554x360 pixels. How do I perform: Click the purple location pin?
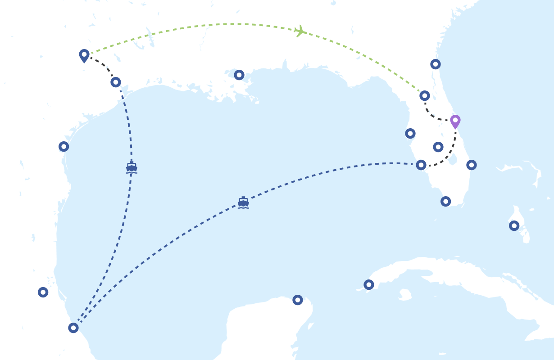455,121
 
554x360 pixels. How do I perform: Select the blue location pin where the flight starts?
84,55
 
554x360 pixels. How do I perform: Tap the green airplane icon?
300,31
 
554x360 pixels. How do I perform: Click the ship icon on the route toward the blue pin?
132,168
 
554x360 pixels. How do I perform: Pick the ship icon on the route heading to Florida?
243,202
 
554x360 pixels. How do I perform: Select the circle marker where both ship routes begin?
73,328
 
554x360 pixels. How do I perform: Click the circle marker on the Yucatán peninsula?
298,300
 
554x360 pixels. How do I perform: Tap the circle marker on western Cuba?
369,284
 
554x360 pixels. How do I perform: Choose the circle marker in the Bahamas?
514,225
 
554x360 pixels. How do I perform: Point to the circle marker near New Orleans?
239,75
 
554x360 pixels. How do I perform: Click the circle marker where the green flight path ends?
425,95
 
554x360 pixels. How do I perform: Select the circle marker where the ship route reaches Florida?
421,165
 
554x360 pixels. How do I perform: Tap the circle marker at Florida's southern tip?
445,201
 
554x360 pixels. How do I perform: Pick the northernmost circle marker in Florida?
436,64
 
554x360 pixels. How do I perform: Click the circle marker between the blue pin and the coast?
116,82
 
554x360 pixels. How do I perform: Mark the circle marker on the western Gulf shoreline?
64,146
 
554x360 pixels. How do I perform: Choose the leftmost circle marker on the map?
43,292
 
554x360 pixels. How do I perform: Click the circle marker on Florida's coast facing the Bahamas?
472,165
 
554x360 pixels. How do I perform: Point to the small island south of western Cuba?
405,295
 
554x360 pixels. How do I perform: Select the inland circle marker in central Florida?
438,147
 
